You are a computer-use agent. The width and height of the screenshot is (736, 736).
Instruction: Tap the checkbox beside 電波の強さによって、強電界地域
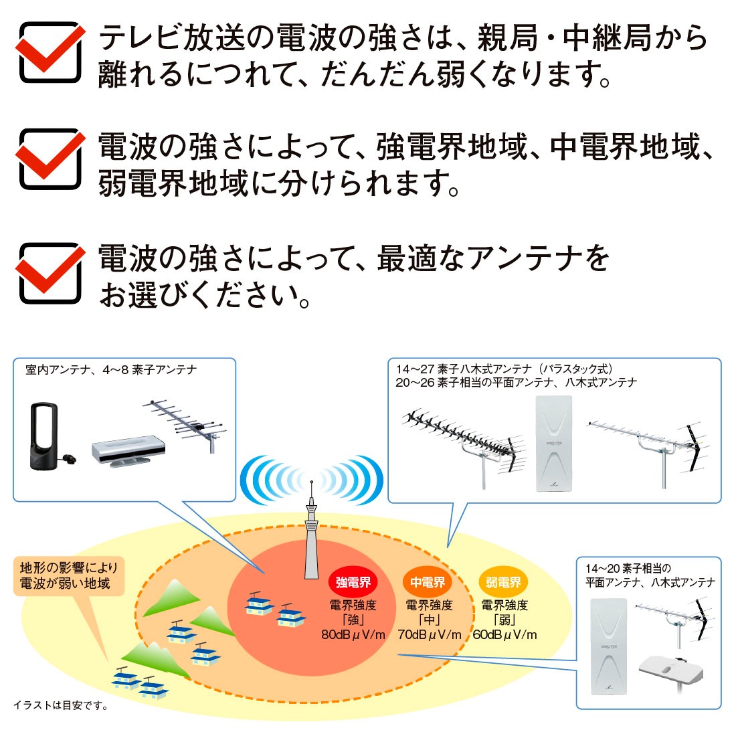[x=50, y=160]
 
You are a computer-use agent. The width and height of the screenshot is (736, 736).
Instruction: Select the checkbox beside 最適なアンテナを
[x=50, y=273]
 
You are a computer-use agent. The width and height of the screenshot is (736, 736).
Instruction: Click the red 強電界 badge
[x=353, y=583]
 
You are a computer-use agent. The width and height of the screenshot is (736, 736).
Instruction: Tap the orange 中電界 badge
[x=428, y=583]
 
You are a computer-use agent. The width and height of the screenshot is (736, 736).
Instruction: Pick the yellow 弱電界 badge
[x=503, y=583]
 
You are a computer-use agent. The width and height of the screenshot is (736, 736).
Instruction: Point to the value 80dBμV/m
[x=353, y=635]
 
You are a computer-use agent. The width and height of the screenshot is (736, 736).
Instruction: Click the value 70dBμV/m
[x=430, y=635]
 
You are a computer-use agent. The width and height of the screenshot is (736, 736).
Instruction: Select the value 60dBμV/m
[x=504, y=635]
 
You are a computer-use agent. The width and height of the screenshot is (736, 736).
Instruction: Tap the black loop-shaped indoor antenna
[x=45, y=436]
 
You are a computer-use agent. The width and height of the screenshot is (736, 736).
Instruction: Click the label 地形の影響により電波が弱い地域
[x=68, y=576]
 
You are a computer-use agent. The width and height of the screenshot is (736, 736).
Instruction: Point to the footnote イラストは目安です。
[x=61, y=705]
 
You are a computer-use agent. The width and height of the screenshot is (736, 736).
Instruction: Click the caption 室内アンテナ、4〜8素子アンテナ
[x=111, y=370]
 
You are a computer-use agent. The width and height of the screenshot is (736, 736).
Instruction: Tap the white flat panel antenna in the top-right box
[x=555, y=444]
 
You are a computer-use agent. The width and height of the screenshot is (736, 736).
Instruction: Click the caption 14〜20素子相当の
[x=628, y=569]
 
